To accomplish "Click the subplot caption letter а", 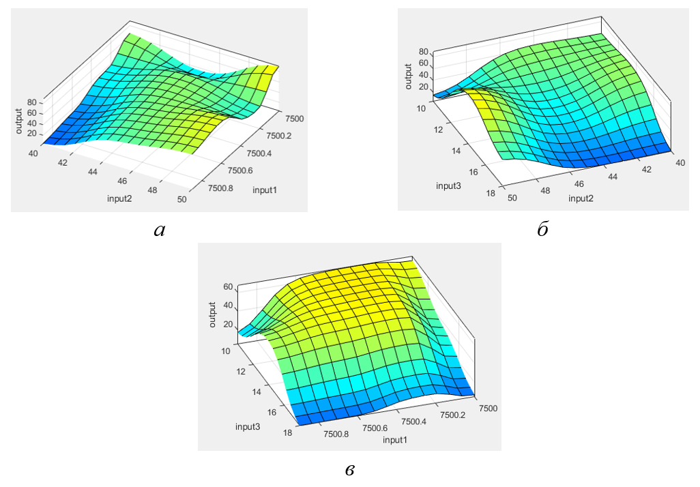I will pos(160,231).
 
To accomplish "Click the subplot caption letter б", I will pos(542,231).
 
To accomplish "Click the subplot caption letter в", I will pos(349,469).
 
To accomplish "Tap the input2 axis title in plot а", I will pos(119,198).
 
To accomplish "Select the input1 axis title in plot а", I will pos(265,189).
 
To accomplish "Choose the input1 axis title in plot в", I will pos(396,440).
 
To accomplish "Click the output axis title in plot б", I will pos(408,76).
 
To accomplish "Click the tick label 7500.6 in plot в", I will pos(375,428).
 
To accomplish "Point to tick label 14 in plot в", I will pos(257,392).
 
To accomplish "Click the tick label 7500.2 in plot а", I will pos(278,136).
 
